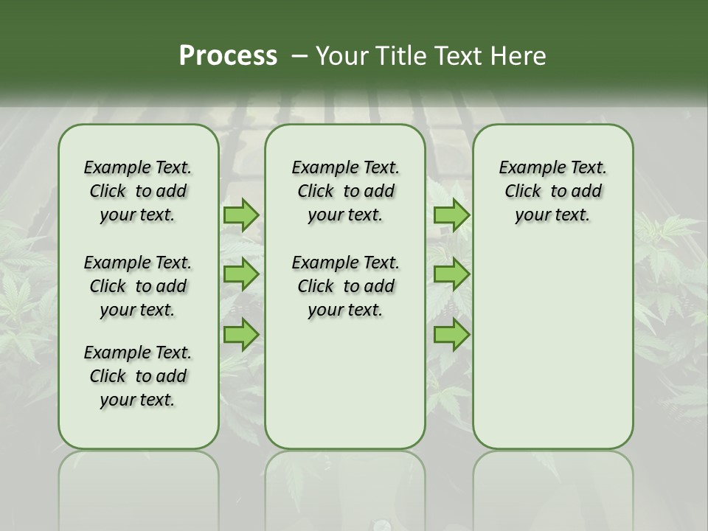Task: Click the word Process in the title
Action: tap(228, 56)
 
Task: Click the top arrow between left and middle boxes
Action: tap(240, 215)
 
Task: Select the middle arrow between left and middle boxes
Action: tap(240, 274)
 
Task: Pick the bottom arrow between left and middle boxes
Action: tap(240, 335)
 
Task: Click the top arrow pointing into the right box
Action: tap(451, 215)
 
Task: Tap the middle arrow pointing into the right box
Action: tap(451, 274)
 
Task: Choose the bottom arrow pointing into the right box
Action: tap(451, 335)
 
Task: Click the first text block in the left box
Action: tap(138, 191)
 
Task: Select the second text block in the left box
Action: tap(138, 286)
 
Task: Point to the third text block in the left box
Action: tap(138, 376)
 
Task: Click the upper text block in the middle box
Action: tap(345, 191)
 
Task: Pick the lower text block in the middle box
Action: tap(345, 286)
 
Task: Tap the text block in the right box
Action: tap(552, 191)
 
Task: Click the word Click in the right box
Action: tap(523, 192)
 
